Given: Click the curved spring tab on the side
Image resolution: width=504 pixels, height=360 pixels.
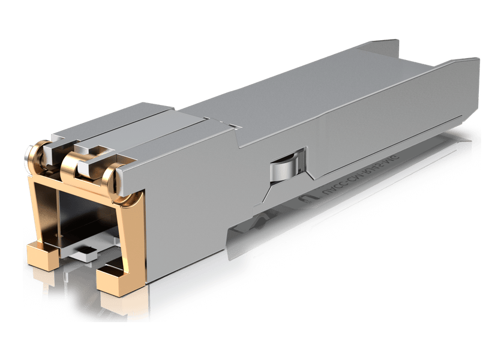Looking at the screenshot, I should point(287,164).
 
